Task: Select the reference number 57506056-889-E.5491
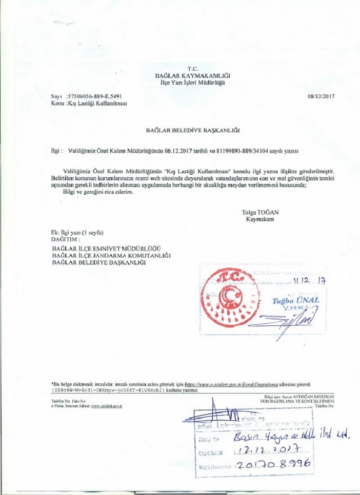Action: coord(94,96)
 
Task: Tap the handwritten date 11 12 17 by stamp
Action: coord(310,281)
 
